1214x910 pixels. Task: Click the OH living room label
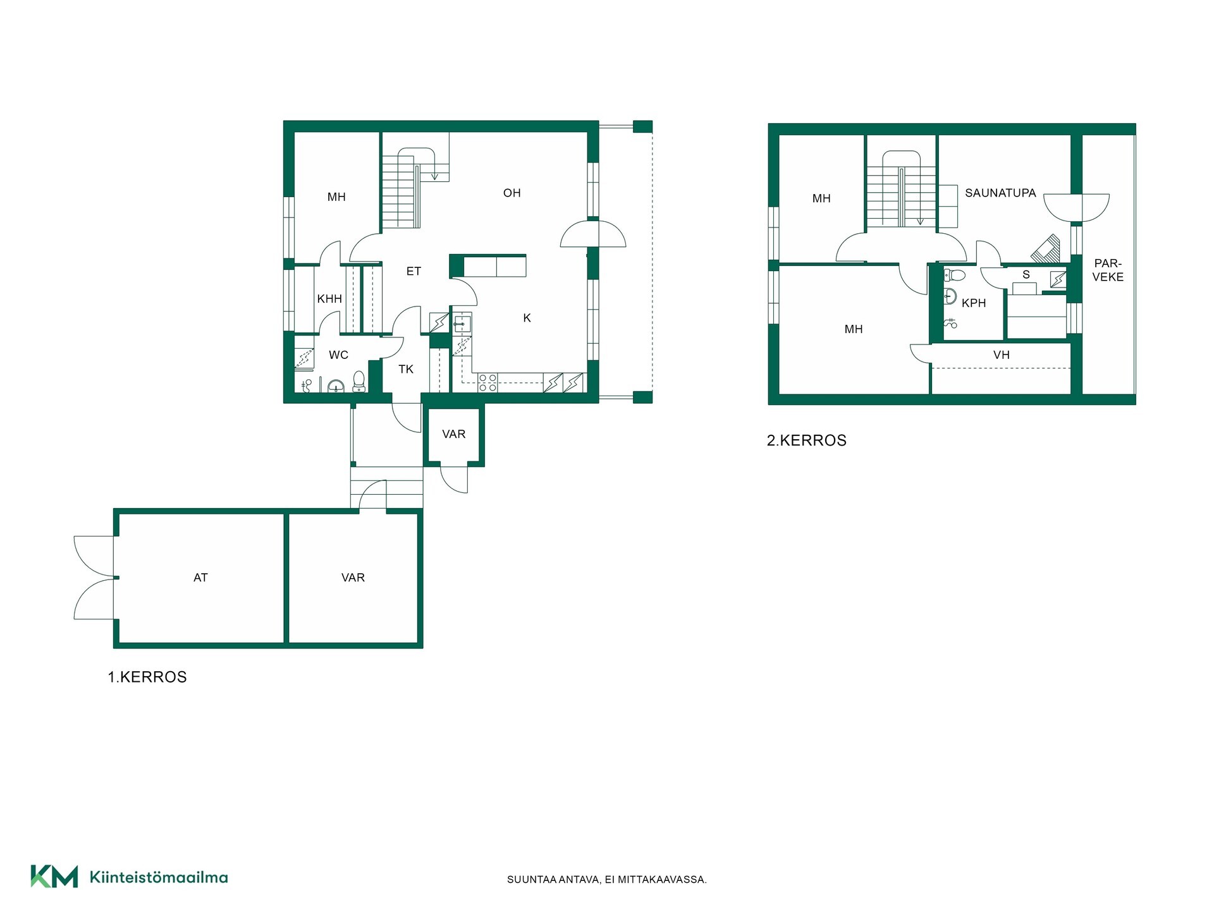click(512, 193)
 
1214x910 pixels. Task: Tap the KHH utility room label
click(329, 299)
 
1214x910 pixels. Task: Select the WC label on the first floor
click(338, 355)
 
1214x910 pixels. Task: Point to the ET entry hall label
click(414, 272)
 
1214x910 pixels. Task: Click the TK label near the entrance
click(406, 370)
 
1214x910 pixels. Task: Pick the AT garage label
click(200, 578)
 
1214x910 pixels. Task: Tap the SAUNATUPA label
click(1000, 193)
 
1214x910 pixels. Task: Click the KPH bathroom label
click(974, 303)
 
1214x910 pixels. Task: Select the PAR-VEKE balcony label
click(1108, 270)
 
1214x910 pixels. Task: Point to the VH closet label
click(1002, 355)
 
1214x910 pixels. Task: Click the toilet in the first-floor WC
click(359, 381)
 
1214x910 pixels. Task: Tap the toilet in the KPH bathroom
click(954, 276)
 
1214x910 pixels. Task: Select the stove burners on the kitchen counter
click(487, 383)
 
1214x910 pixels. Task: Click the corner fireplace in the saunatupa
click(1046, 249)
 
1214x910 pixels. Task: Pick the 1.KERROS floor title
click(147, 677)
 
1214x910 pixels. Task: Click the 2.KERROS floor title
click(807, 440)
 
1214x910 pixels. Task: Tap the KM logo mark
click(54, 877)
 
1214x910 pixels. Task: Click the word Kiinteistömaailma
click(159, 877)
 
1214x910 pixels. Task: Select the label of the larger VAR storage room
click(353, 578)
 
